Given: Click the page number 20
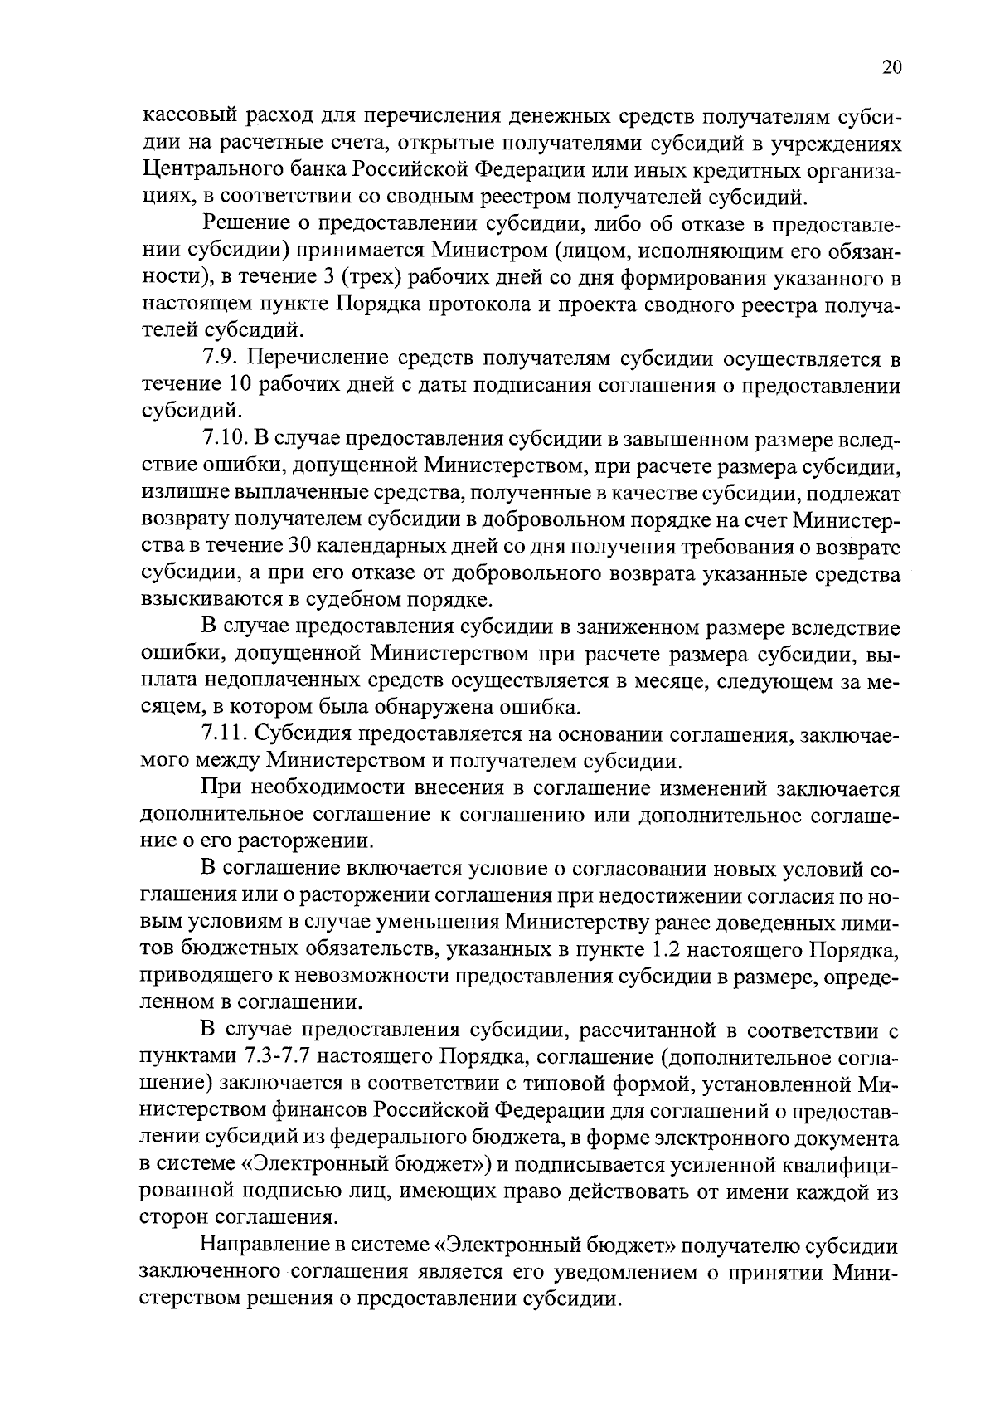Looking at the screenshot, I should (891, 68).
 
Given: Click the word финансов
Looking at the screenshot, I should (321, 1109).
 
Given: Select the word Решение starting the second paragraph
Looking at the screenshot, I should (245, 224).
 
